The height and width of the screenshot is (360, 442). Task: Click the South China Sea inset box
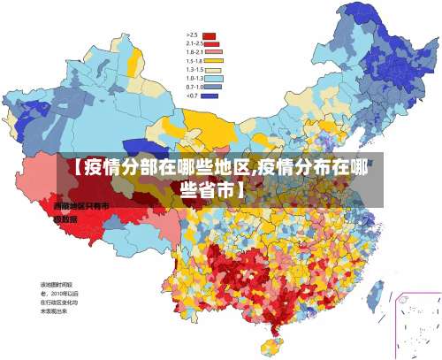[x=415, y=322]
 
